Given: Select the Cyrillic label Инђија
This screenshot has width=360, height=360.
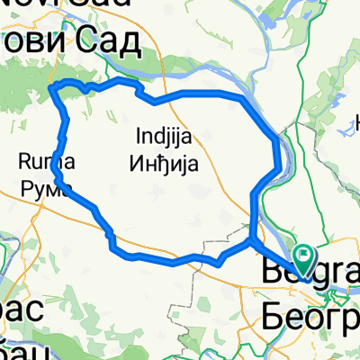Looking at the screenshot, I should pyautogui.click(x=166, y=160).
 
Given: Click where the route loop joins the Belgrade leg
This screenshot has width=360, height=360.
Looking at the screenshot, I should pyautogui.click(x=251, y=240).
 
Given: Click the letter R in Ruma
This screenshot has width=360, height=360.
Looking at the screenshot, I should pyautogui.click(x=24, y=162).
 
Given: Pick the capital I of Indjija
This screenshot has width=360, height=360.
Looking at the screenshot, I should pyautogui.click(x=138, y=137).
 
